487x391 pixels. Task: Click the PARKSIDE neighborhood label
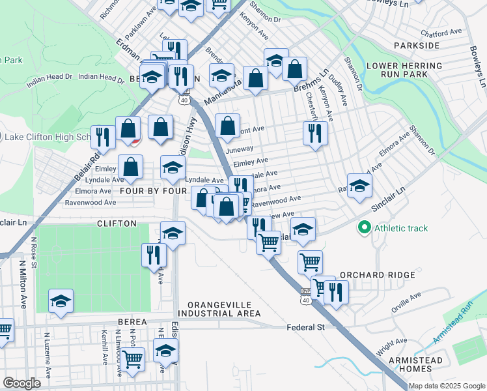[417, 46]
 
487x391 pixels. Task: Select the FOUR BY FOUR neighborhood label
[153, 191]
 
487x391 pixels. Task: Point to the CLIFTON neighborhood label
[117, 224]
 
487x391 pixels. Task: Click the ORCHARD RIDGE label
[377, 275]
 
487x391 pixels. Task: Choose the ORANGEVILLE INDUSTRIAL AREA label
[224, 309]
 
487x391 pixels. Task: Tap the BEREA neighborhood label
[133, 323]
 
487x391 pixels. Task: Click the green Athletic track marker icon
[364, 228]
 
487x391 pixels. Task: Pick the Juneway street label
[239, 149]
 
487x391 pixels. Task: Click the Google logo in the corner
[22, 383]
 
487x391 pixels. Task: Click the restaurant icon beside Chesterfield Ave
[315, 134]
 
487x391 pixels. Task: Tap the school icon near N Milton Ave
[61, 301]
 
